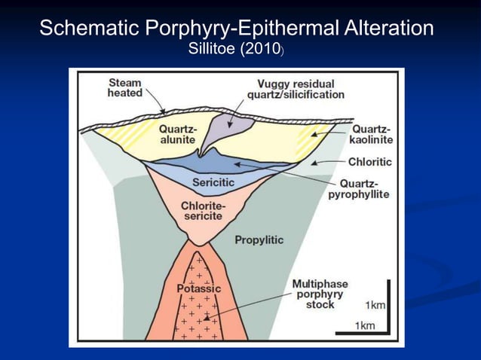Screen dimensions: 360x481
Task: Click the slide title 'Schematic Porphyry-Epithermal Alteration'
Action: [x=236, y=29]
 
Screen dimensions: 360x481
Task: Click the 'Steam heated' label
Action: [x=124, y=87]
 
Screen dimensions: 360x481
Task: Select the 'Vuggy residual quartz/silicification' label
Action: [x=296, y=89]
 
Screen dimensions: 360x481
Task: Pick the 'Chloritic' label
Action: [x=369, y=161]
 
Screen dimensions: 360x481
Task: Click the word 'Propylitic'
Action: [x=259, y=240]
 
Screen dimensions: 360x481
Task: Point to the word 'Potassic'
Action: [x=198, y=288]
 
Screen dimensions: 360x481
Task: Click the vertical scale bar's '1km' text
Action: [x=374, y=305]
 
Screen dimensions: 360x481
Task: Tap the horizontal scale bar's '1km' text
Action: [x=366, y=325]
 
